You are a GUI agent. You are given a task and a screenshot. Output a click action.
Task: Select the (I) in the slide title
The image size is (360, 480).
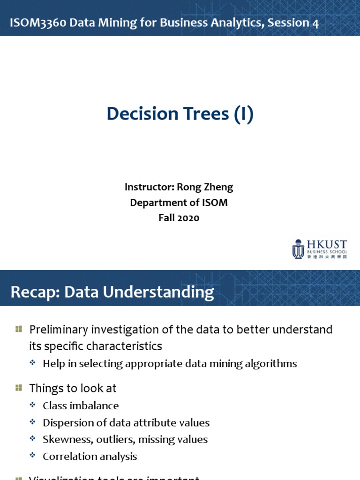point(244,114)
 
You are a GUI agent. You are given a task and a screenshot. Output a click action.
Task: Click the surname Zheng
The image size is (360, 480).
point(218,187)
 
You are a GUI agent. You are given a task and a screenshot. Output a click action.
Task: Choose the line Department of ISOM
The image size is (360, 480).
point(179,202)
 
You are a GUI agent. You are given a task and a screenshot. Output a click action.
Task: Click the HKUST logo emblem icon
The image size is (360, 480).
point(298,249)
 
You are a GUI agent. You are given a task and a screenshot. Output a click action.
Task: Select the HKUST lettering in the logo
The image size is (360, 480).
point(327,244)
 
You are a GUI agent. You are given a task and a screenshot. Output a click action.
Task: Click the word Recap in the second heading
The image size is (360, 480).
point(34,292)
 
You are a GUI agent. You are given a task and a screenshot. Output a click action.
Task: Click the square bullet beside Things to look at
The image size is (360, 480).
point(19,388)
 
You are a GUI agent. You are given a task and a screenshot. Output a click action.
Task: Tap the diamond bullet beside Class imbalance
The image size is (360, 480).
point(32,405)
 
